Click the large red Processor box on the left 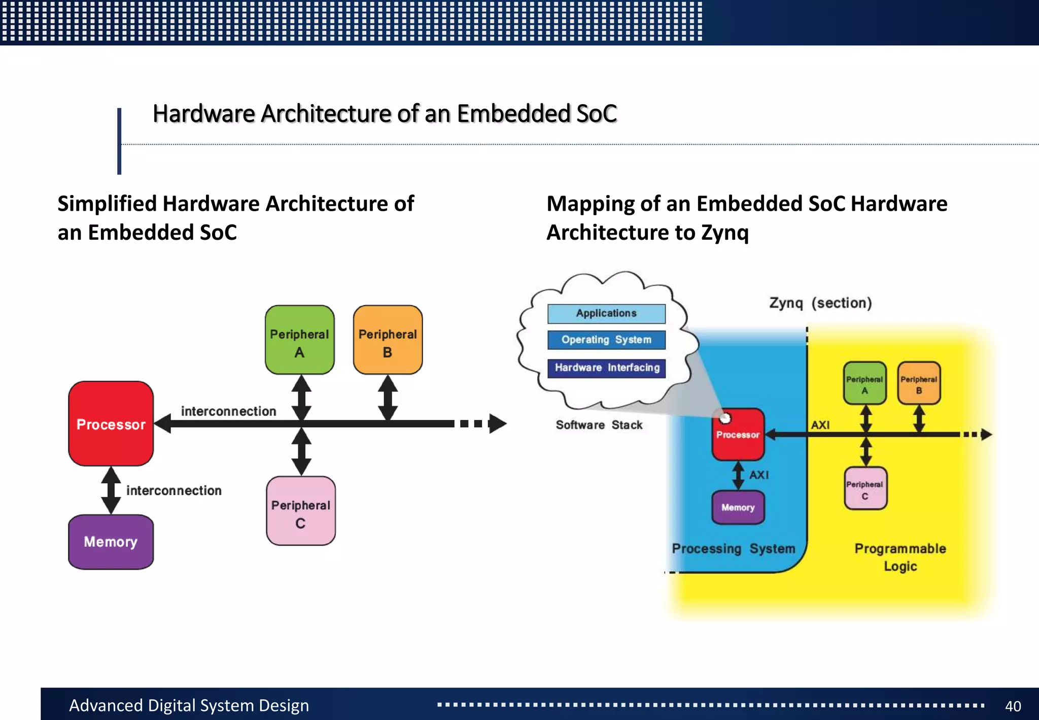click(111, 423)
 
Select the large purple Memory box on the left click(111, 542)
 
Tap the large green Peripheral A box click(299, 340)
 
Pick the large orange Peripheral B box click(388, 340)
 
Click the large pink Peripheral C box click(300, 511)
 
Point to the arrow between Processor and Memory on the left click(111, 490)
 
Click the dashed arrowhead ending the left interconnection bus click(496, 423)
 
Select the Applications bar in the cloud click(606, 313)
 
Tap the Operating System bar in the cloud click(606, 340)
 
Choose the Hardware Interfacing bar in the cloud click(606, 368)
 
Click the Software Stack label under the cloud click(599, 425)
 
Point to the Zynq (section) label click(820, 303)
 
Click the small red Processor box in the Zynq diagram click(738, 435)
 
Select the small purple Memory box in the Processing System click(738, 507)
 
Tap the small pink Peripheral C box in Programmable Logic click(865, 488)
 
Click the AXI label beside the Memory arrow click(759, 475)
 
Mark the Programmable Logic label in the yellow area click(900, 557)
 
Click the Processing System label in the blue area click(733, 549)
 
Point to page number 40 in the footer click(1013, 706)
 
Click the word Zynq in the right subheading click(724, 233)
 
